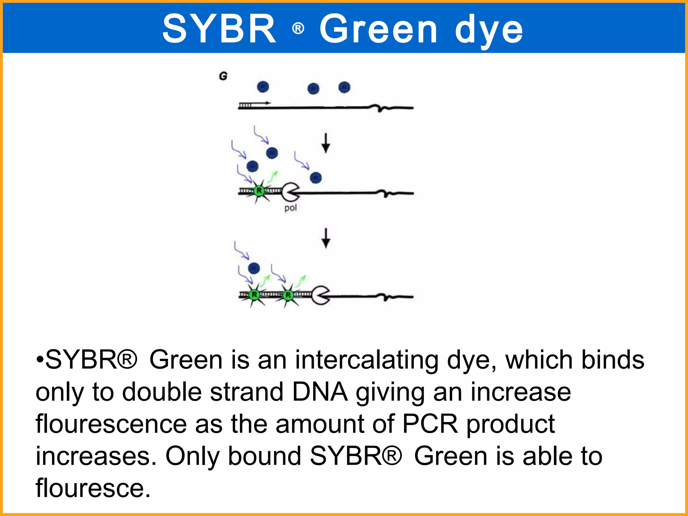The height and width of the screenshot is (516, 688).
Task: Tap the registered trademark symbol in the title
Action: [298, 29]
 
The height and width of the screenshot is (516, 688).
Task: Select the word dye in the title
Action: [489, 31]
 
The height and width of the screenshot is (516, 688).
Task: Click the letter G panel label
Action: [223, 76]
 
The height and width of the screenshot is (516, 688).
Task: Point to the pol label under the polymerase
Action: [291, 208]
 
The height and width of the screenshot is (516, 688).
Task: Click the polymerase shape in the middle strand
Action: [290, 192]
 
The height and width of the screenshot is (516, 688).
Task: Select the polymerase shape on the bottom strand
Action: [320, 295]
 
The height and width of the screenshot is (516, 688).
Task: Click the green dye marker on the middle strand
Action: [259, 191]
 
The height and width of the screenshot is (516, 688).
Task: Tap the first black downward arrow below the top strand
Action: [326, 143]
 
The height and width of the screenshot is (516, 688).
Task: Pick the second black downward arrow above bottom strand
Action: [326, 238]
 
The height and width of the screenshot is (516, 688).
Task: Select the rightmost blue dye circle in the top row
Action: [344, 87]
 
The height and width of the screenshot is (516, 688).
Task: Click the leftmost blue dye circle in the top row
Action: [263, 87]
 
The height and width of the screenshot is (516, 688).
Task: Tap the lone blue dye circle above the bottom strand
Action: [254, 268]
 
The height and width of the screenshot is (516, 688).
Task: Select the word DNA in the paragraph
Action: [319, 392]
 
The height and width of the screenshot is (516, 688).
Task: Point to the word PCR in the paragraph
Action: [430, 424]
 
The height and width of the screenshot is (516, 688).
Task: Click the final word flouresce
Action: [93, 488]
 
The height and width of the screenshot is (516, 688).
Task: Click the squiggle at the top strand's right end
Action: [381, 108]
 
